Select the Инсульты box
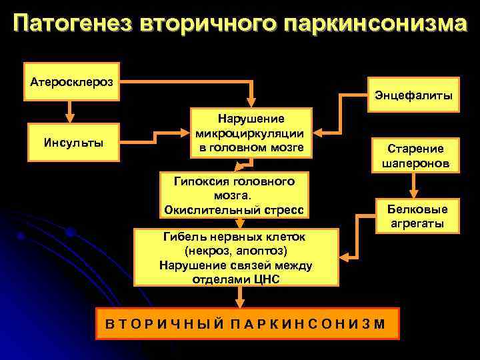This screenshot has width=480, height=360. [73, 142]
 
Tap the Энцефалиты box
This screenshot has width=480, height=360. [412, 96]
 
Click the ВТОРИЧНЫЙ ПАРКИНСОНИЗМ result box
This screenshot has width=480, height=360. [247, 325]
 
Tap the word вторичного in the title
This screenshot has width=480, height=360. [210, 24]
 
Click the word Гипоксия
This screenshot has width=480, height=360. [201, 181]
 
